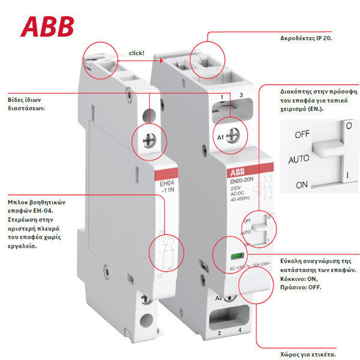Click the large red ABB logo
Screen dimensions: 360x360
click(x=47, y=26)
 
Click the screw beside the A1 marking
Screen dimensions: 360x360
click(x=236, y=136)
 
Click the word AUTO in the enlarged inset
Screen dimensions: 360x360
click(x=299, y=160)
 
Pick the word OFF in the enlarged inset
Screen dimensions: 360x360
click(x=302, y=134)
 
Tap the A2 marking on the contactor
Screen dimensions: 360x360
click(x=219, y=296)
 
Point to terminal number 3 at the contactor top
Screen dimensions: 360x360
click(x=241, y=96)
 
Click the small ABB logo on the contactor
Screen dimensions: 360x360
click(x=236, y=172)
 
